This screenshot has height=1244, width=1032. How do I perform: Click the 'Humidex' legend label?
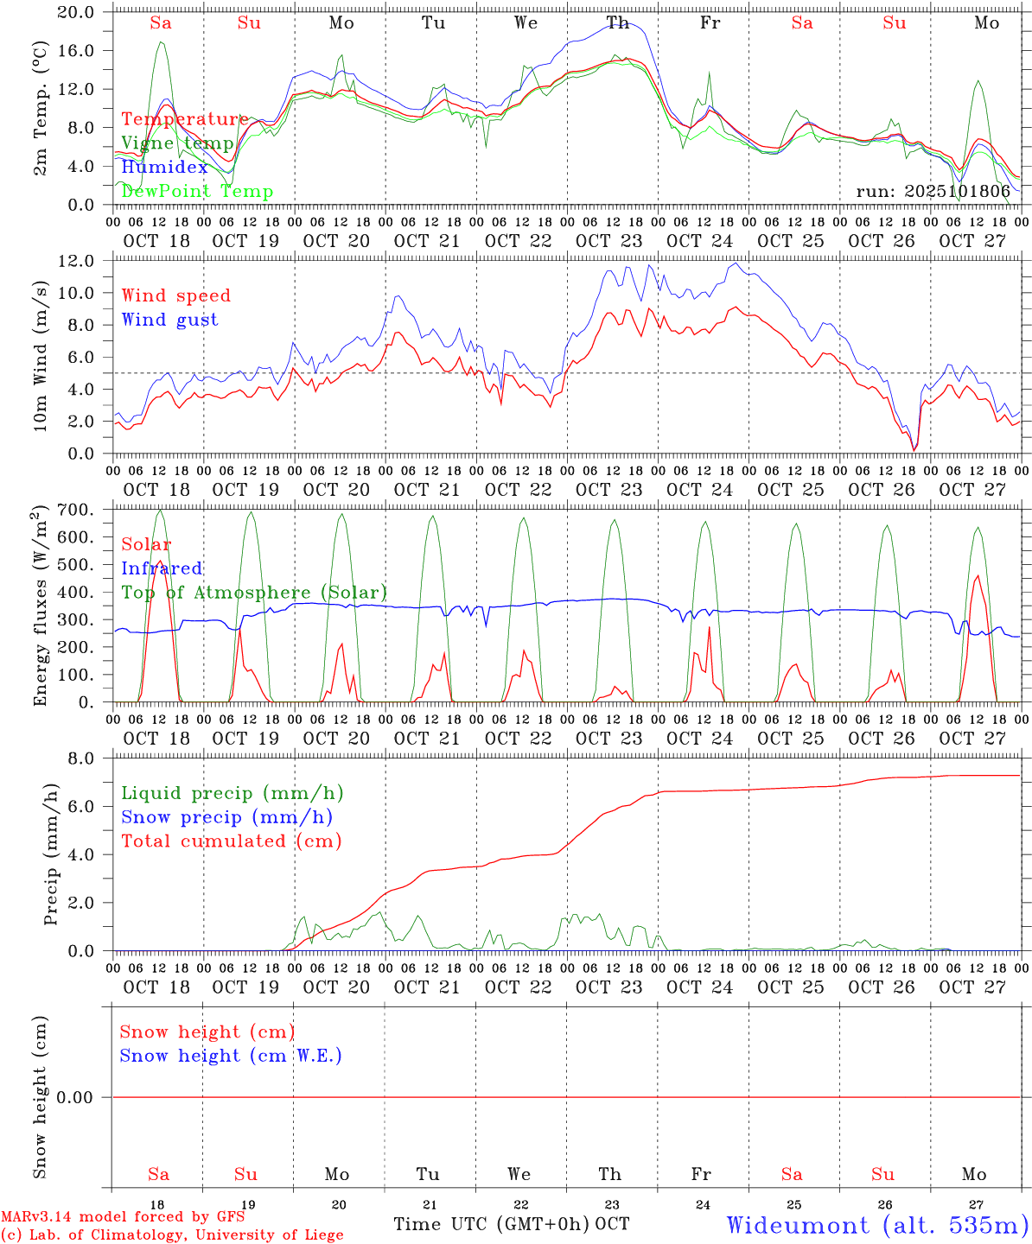pyautogui.click(x=164, y=167)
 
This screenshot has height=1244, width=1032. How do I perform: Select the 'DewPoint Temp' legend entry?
pyautogui.click(x=197, y=191)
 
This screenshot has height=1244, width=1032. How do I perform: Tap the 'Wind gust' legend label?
pyautogui.click(x=169, y=320)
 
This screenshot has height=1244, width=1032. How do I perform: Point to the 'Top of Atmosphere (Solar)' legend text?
pyautogui.click(x=254, y=593)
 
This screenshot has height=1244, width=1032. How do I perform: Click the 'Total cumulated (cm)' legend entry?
pyautogui.click(x=231, y=841)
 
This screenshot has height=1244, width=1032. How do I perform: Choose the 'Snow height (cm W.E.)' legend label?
pyautogui.click(x=231, y=1056)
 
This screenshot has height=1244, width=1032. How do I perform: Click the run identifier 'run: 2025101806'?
pyautogui.click(x=933, y=191)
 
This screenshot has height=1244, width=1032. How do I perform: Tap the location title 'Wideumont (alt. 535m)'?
pyautogui.click(x=877, y=1225)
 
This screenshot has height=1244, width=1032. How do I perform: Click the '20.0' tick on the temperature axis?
pyautogui.click(x=76, y=12)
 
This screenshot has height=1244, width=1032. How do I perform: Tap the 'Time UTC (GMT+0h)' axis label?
pyautogui.click(x=492, y=1224)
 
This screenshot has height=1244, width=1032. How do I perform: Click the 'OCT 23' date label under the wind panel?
pyautogui.click(x=609, y=490)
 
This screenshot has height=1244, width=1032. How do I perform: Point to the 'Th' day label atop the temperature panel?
pyautogui.click(x=617, y=23)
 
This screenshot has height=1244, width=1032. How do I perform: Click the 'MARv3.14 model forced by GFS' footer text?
pyautogui.click(x=123, y=1217)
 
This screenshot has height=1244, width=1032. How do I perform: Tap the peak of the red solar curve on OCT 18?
pyautogui.click(x=159, y=561)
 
